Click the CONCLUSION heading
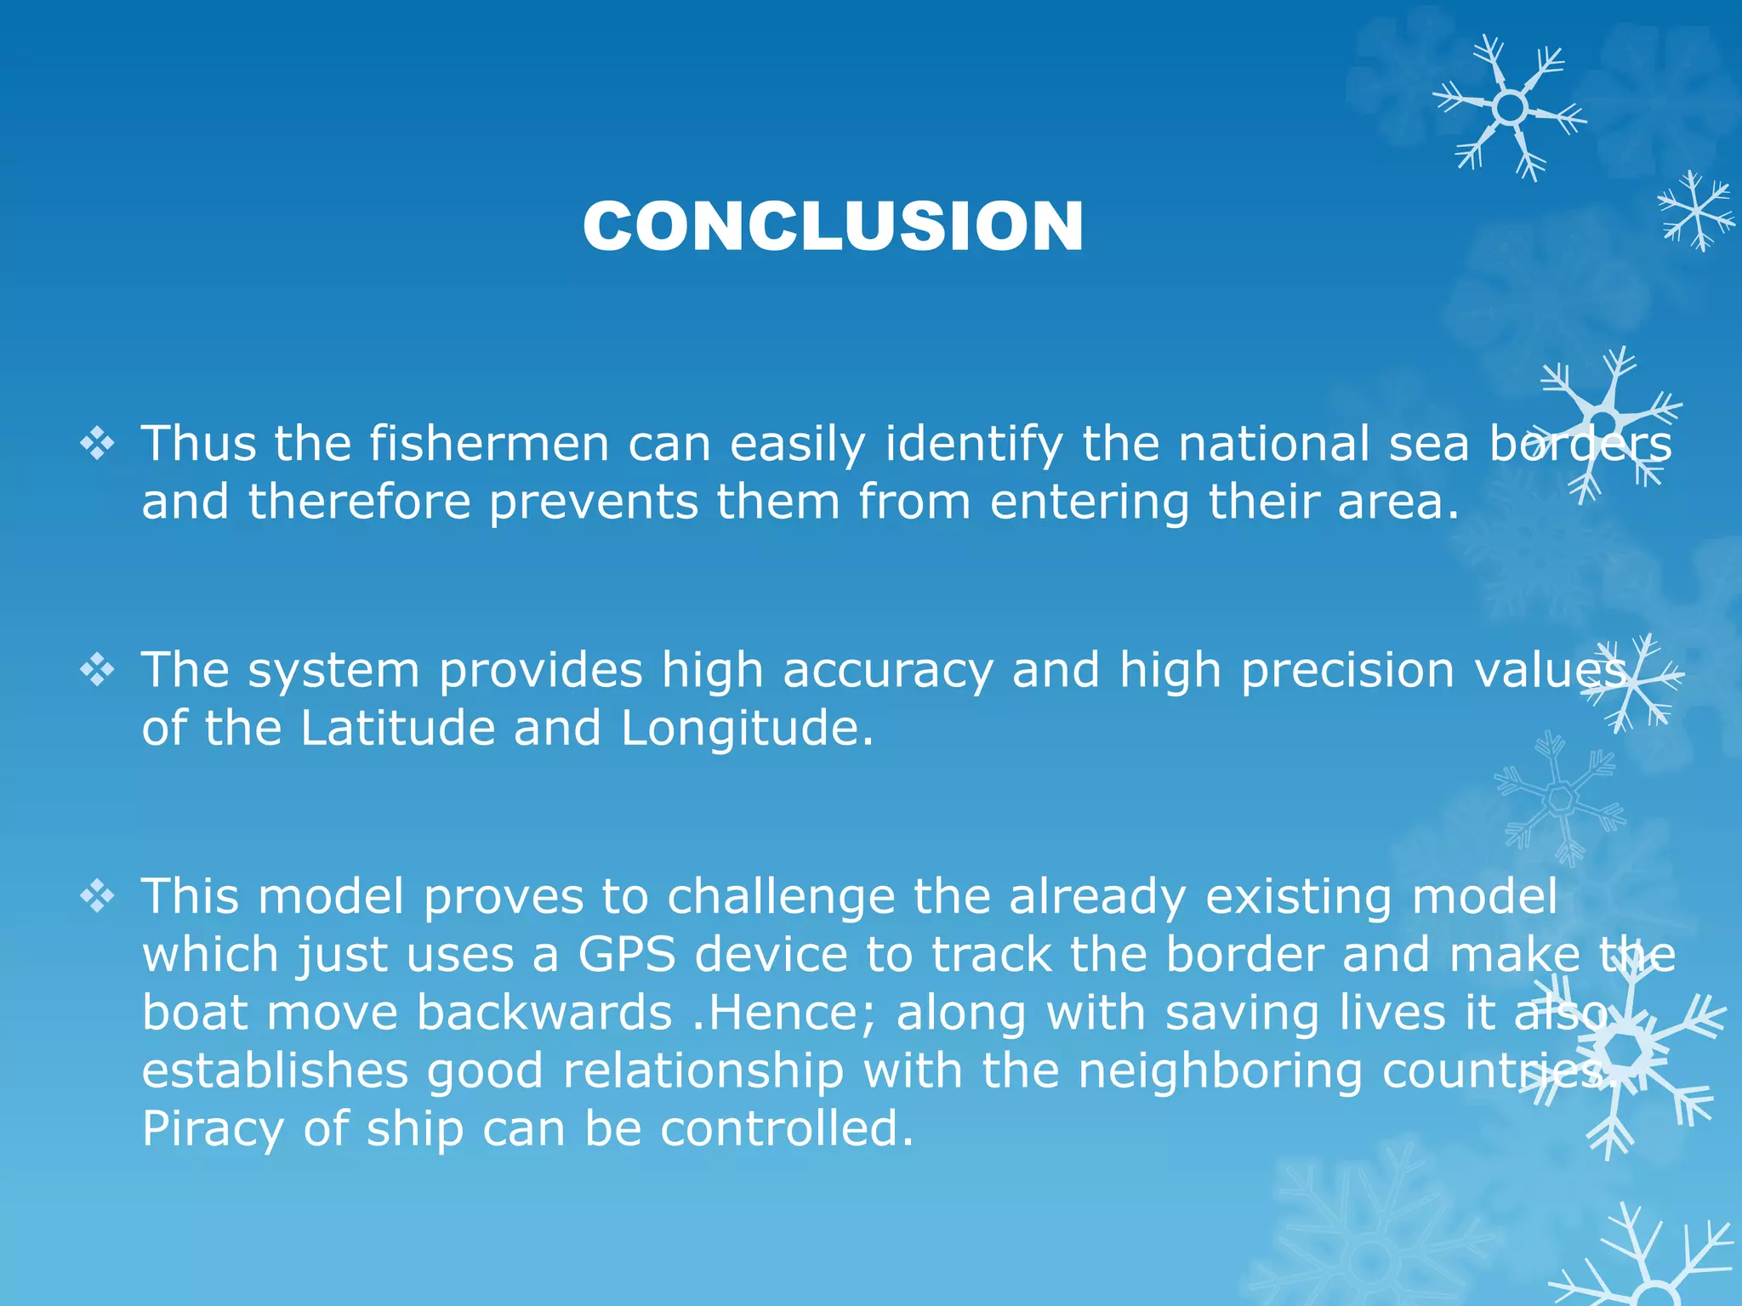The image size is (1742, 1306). click(x=833, y=226)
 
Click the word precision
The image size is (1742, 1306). click(x=1346, y=671)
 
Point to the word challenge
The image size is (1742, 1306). click(x=780, y=898)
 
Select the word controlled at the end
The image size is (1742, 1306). click(x=780, y=1129)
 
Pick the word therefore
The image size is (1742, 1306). click(x=359, y=502)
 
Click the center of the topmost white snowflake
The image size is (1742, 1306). click(x=1510, y=108)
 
